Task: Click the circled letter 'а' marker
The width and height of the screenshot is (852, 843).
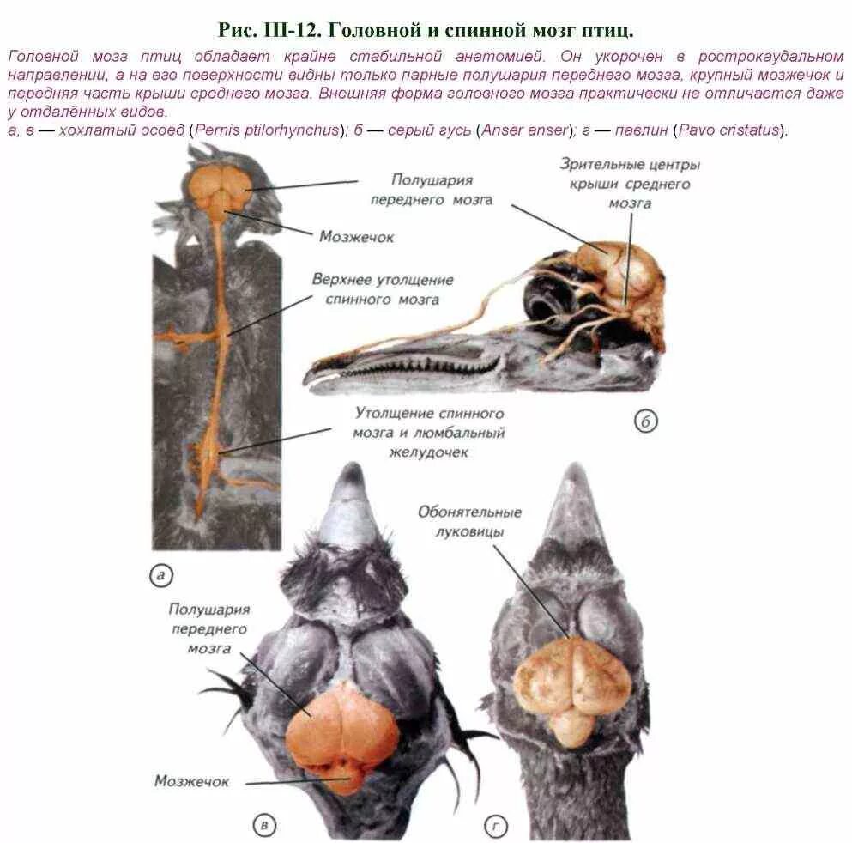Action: tap(160, 577)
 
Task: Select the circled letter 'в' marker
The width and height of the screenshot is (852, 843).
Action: tap(265, 826)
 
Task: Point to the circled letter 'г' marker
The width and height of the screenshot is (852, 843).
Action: tap(496, 827)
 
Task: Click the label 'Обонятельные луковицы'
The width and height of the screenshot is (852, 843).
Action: tap(469, 522)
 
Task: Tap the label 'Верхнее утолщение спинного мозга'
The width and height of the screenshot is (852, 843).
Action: tap(383, 289)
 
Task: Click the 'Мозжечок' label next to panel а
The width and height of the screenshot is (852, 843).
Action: tap(356, 236)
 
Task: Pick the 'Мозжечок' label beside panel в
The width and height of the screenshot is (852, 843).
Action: tap(192, 780)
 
